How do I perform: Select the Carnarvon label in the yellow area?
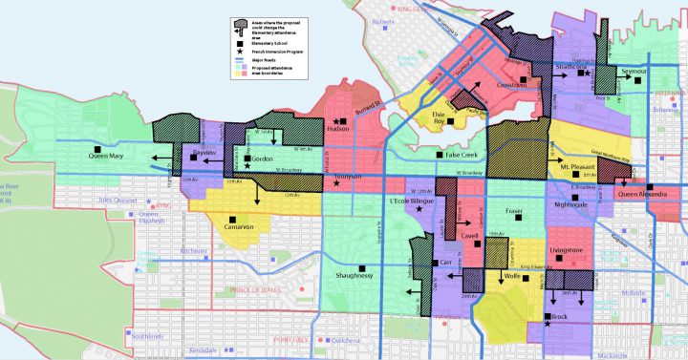[237, 227]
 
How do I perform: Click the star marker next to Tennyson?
[335, 183]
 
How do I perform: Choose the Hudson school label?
[338, 129]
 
